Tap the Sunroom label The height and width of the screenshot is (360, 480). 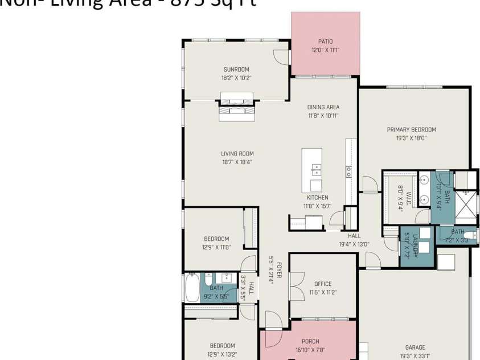[x=236, y=69]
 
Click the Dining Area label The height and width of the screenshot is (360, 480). [x=323, y=107]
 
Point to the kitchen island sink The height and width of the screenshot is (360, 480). [x=316, y=170]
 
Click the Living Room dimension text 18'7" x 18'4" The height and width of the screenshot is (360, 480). [x=237, y=162]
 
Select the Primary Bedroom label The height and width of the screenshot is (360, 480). [x=411, y=129]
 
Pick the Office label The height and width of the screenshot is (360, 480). [x=323, y=284]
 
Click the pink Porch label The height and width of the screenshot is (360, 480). [x=310, y=342]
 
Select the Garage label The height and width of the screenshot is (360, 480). [x=415, y=347]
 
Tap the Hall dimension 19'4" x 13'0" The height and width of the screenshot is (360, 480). [x=354, y=244]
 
